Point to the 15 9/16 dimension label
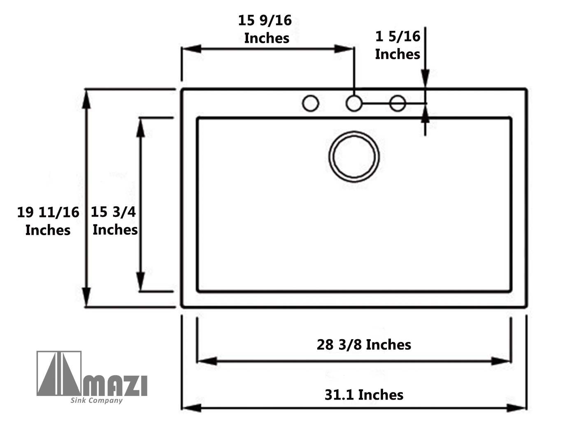(x=265, y=29)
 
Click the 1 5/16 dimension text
(x=397, y=45)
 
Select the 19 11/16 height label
(x=48, y=221)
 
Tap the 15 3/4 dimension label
(x=114, y=221)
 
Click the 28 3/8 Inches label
(x=364, y=345)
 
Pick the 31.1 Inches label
(x=364, y=395)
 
